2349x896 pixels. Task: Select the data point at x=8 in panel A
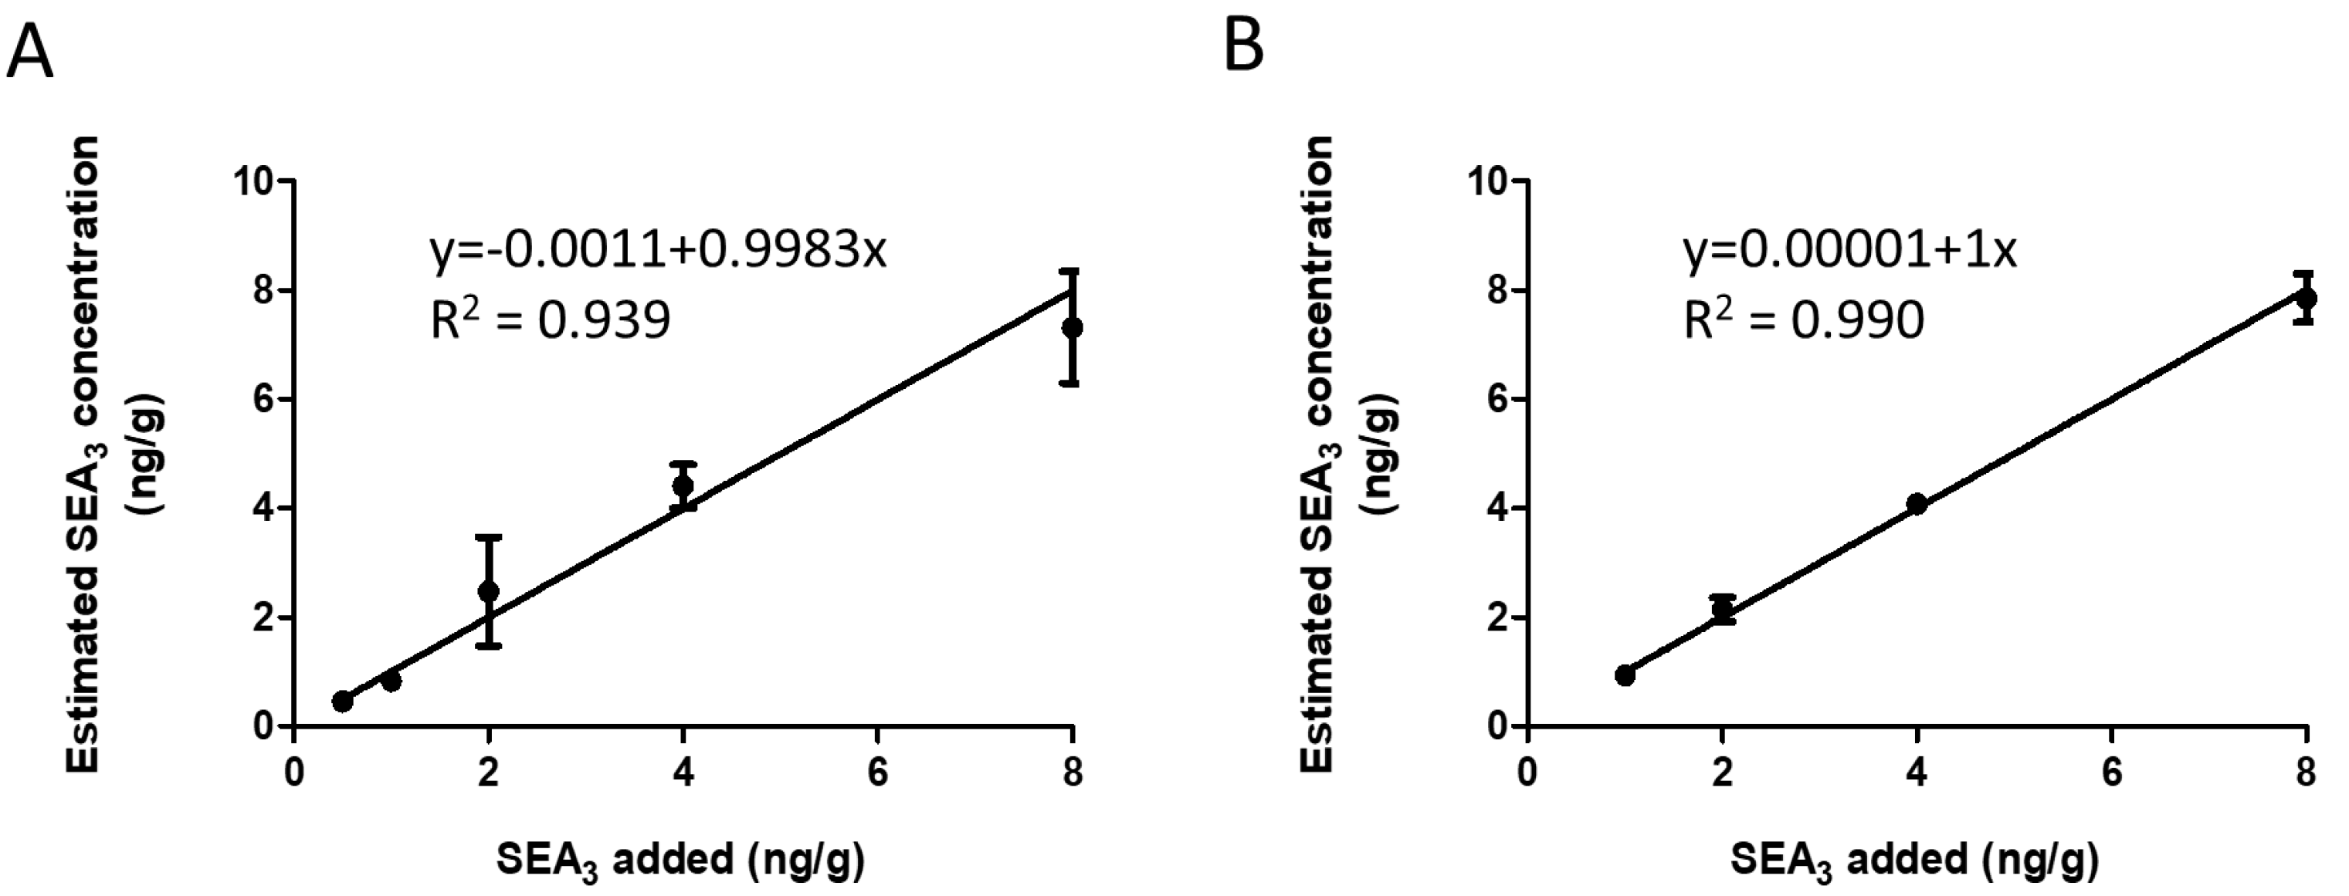pyautogui.click(x=1073, y=327)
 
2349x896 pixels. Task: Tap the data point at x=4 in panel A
pyautogui.click(x=682, y=485)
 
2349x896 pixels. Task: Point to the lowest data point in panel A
pyautogui.click(x=342, y=701)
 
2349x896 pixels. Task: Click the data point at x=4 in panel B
pyautogui.click(x=1917, y=504)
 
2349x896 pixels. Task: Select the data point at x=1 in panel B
pyautogui.click(x=1624, y=675)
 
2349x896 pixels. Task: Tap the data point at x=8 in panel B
pyautogui.click(x=2306, y=298)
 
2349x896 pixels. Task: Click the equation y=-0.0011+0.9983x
pyautogui.click(x=657, y=251)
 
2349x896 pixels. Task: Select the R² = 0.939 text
pyautogui.click(x=550, y=320)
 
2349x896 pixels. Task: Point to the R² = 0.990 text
pyautogui.click(x=1803, y=320)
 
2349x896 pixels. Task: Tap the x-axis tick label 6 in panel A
pyautogui.click(x=877, y=773)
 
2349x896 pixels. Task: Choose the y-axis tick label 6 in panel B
pyautogui.click(x=1497, y=399)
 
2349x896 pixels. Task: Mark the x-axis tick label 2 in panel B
pyautogui.click(x=1722, y=773)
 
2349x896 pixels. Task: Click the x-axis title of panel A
pyautogui.click(x=680, y=860)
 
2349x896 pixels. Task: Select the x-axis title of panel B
pyautogui.click(x=1914, y=860)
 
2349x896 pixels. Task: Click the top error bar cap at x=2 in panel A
pyautogui.click(x=489, y=537)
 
